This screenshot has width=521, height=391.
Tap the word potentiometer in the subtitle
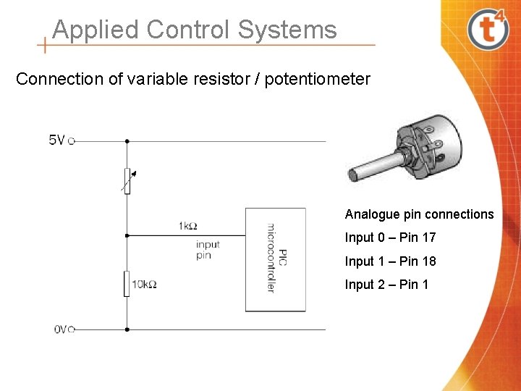[x=318, y=78]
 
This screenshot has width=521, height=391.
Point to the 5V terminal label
[x=56, y=140]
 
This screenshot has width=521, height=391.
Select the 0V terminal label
[x=61, y=329]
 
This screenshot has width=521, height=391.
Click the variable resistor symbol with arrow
[x=127, y=181]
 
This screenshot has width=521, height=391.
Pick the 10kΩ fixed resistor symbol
[x=127, y=283]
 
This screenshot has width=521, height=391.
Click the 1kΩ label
[x=187, y=226]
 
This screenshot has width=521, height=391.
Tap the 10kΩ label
[x=144, y=284]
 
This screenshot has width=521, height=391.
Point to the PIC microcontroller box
[x=275, y=259]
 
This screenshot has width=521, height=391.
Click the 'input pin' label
[x=207, y=250]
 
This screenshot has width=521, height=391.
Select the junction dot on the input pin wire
[x=127, y=235]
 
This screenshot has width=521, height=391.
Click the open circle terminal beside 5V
[x=72, y=141]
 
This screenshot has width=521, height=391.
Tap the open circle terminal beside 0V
[x=72, y=329]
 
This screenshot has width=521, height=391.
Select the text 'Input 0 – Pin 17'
[x=390, y=237]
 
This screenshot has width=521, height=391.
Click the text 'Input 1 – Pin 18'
[x=390, y=261]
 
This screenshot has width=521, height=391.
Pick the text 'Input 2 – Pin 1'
[x=386, y=284]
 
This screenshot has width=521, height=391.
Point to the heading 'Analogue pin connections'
[x=419, y=214]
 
